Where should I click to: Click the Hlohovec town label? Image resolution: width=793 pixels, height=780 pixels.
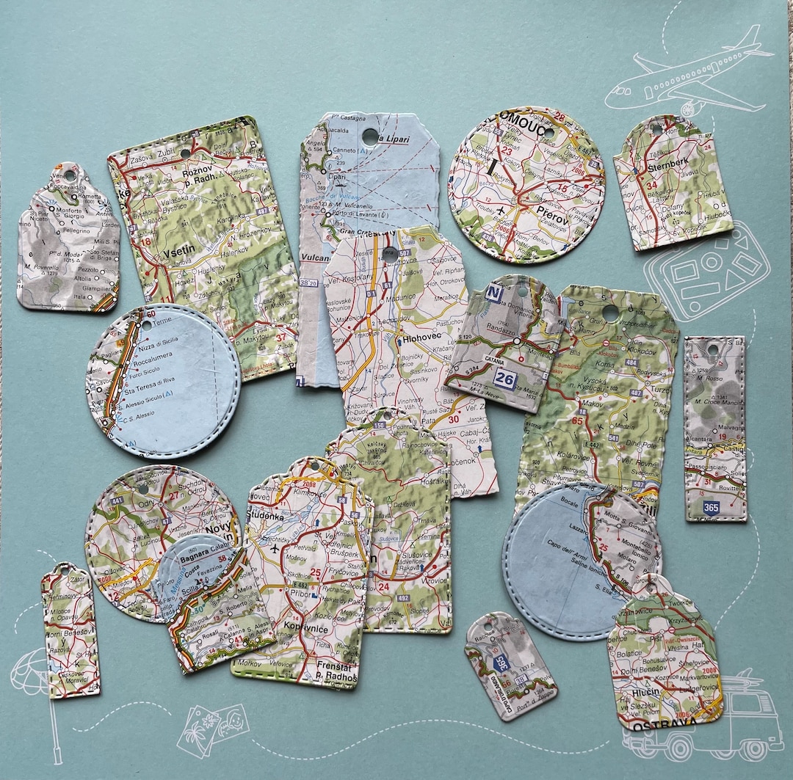pyautogui.click(x=422, y=340)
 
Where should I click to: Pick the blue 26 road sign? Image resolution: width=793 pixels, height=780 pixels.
pyautogui.click(x=504, y=379)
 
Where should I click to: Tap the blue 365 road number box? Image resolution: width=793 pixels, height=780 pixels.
pyautogui.click(x=711, y=508)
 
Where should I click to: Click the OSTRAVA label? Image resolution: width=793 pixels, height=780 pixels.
pyautogui.click(x=667, y=726)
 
